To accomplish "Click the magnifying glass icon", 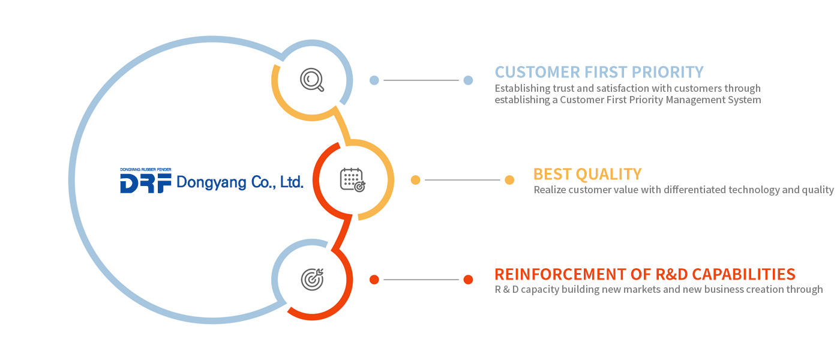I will click(x=312, y=80).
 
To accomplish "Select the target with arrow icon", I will click(x=312, y=278).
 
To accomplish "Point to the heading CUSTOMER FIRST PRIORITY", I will click(x=599, y=72).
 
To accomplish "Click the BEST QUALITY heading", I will click(x=587, y=174).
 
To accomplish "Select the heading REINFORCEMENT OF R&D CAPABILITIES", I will click(x=645, y=274).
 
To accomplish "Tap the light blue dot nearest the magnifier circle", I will click(x=374, y=80).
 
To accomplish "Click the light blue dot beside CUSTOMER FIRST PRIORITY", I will click(x=468, y=80).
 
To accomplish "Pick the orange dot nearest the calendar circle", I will click(x=415, y=180).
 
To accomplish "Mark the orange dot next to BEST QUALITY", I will click(x=509, y=180).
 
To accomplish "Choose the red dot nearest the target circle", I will click(x=374, y=280).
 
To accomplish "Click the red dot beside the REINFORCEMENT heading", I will click(x=468, y=280).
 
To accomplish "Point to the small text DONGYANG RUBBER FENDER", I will click(x=146, y=170).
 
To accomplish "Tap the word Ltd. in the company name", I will click(x=292, y=182).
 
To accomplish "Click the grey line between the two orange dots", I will click(x=462, y=180).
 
